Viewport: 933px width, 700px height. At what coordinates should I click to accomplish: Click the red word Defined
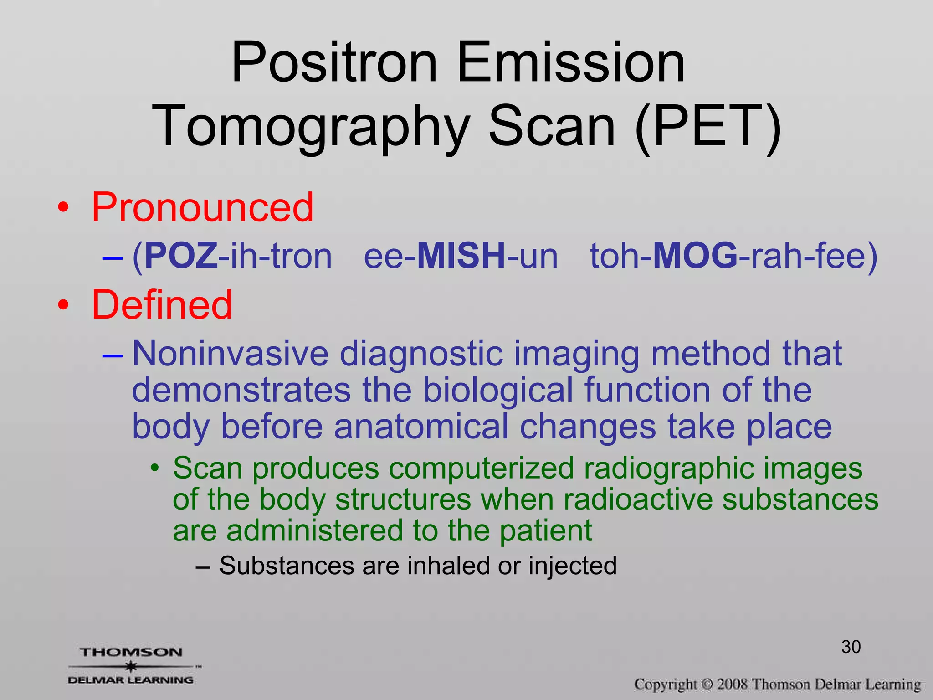click(162, 305)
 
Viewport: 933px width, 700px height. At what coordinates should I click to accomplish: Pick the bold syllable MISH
click(461, 256)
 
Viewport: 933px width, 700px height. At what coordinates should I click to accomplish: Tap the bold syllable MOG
click(695, 256)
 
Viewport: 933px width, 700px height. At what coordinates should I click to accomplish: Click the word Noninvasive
click(230, 354)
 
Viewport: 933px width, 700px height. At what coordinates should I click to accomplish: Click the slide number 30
click(851, 647)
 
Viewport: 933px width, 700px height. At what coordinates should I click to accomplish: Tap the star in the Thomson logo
click(131, 667)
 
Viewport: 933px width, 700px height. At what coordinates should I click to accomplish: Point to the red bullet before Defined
click(63, 305)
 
